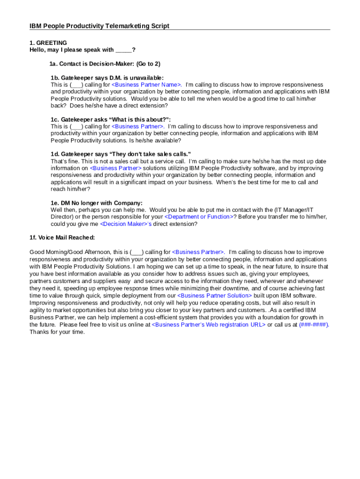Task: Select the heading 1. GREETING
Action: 48,43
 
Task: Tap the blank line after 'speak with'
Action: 123,50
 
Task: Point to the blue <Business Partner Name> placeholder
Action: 146,85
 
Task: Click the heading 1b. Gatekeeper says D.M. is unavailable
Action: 107,78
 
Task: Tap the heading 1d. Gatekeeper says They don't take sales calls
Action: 121,154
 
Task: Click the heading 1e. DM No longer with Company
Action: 96,203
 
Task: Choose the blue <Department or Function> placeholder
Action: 199,217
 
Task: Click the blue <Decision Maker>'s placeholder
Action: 126,224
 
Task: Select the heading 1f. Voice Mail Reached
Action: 62,238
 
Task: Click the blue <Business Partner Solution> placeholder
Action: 215,296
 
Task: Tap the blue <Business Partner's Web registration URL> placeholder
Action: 209,325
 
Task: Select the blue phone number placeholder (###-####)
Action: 314,325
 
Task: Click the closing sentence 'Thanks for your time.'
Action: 57,332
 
